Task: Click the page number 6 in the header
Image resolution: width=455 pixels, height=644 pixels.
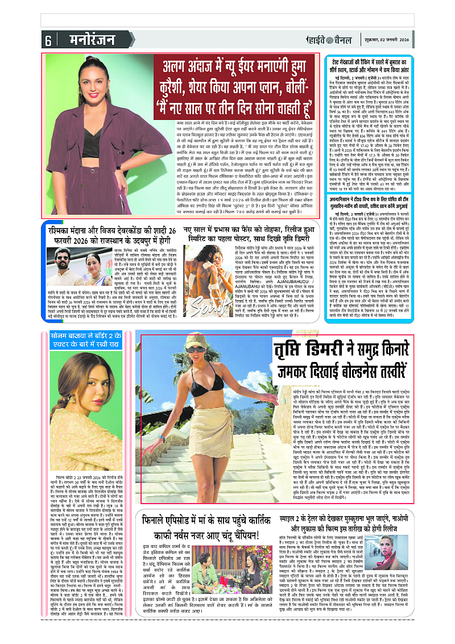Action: coord(48,41)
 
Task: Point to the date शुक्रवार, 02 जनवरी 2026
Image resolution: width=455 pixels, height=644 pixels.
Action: coord(386,41)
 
